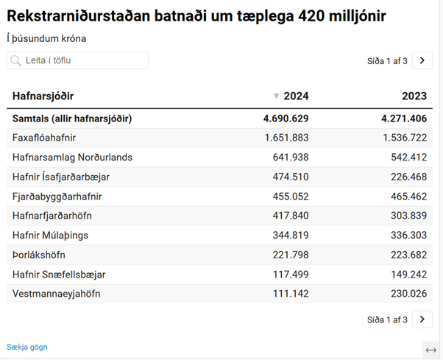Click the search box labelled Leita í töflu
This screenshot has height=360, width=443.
[77, 60]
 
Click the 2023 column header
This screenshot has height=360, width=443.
[414, 96]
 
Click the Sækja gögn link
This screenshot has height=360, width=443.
[27, 347]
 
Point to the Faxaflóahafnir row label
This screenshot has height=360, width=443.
[44, 138]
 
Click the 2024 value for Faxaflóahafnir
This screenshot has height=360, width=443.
[286, 138]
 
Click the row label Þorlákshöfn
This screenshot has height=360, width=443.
[39, 255]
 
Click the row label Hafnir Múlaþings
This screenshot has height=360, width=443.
[49, 235]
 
